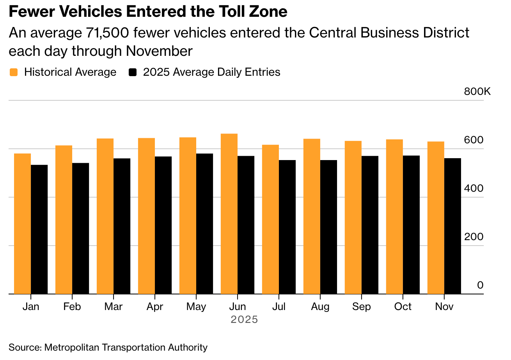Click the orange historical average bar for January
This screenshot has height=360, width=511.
point(23,223)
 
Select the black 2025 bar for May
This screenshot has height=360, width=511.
point(204,223)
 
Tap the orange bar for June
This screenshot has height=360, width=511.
point(229,214)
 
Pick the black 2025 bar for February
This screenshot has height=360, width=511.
point(80,228)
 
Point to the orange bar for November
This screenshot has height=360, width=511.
point(436,217)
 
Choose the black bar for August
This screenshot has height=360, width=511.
point(328,227)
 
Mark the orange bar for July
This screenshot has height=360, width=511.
point(270,219)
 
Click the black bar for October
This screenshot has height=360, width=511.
point(411,225)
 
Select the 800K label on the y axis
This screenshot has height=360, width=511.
point(477,92)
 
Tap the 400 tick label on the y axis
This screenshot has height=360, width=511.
point(474,189)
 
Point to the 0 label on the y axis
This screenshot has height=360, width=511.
point(480,285)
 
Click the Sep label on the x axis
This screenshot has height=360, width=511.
point(361,307)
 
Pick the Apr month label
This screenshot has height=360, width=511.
point(155,307)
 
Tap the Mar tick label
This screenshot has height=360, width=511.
point(114,307)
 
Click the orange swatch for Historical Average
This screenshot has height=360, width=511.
point(14,72)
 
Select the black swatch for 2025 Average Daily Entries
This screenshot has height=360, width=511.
point(133,72)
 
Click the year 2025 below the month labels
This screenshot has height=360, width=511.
point(244,320)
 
